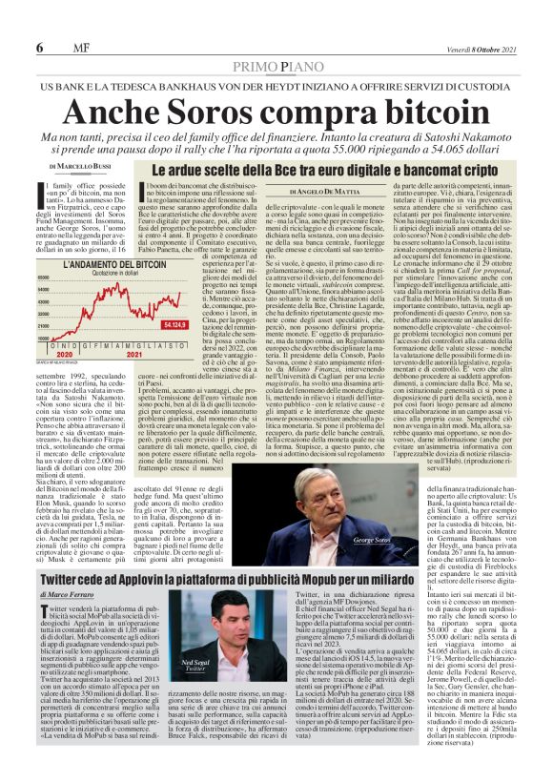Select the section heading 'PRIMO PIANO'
[276, 68]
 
